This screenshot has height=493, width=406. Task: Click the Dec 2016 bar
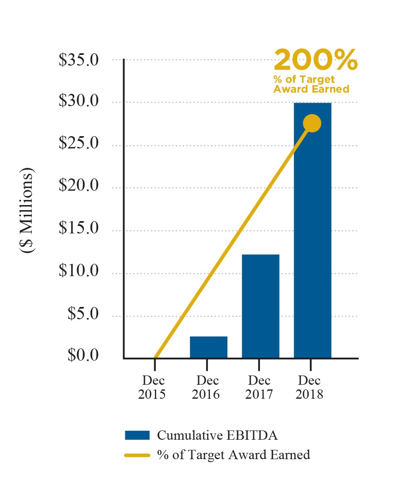(x=208, y=347)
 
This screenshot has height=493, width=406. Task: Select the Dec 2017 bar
(x=260, y=306)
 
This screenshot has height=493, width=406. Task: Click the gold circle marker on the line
(x=312, y=123)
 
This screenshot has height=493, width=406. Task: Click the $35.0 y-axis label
(x=79, y=60)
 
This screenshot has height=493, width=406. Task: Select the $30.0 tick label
(x=79, y=102)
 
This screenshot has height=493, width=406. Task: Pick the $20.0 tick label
(x=79, y=186)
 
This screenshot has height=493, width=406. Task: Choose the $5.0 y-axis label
(x=83, y=314)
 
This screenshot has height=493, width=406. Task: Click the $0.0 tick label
(x=83, y=356)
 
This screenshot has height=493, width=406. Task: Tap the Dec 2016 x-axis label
(x=206, y=387)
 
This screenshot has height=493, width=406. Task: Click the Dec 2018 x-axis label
(x=309, y=387)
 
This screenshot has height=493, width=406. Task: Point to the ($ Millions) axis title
(x=27, y=211)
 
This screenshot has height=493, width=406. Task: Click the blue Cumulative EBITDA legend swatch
(x=137, y=435)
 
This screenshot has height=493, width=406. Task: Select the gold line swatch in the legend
(x=137, y=455)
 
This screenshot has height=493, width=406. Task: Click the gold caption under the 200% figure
(x=311, y=84)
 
